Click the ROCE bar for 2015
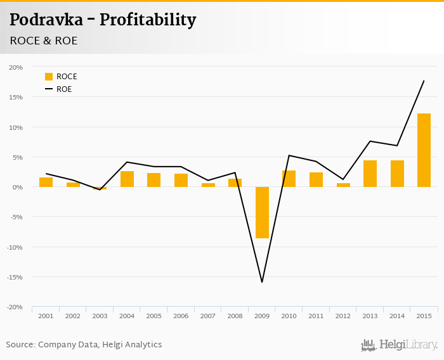tap(424, 150)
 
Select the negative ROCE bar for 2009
tap(262, 212)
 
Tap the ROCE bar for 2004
tap(127, 179)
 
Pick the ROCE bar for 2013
tap(370, 174)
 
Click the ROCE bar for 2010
tap(289, 179)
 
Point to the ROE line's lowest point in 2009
tap(262, 282)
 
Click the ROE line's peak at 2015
tap(424, 80)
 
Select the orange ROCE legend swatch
tap(49, 77)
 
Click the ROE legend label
tap(64, 89)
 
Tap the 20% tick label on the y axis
tap(16, 67)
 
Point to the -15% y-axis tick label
tap(15, 277)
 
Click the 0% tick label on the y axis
tap(17, 187)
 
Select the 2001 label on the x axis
tap(46, 316)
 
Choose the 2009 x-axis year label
tap(262, 316)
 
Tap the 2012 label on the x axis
tap(343, 316)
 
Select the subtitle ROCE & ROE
tap(43, 41)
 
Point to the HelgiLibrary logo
tap(400, 345)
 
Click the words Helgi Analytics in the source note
tap(132, 345)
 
